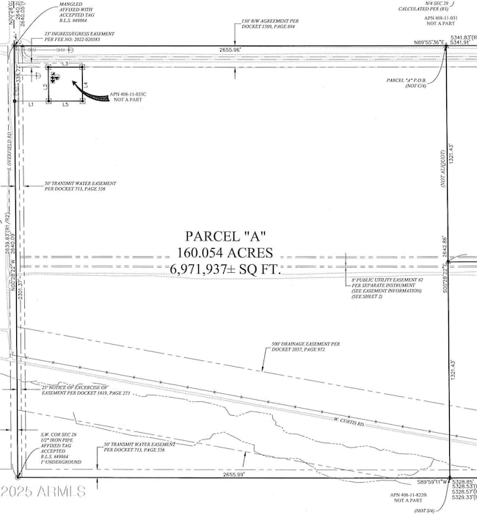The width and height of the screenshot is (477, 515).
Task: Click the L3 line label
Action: coord(65,65)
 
